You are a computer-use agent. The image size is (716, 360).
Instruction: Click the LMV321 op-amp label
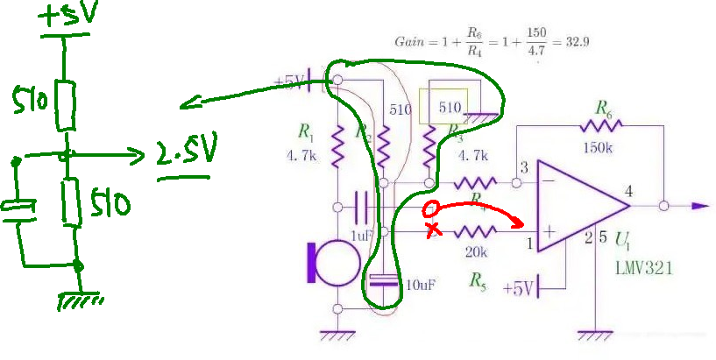[x=643, y=269]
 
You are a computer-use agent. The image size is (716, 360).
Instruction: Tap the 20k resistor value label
[x=476, y=252]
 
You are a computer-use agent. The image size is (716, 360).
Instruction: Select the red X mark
[x=432, y=231]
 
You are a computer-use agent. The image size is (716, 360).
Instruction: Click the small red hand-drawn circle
[x=430, y=209]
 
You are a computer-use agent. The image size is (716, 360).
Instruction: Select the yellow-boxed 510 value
[x=450, y=107]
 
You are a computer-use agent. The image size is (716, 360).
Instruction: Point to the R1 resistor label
[x=305, y=132]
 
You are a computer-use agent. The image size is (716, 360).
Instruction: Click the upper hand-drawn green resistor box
[x=65, y=104]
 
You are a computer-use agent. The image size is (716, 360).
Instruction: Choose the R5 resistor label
[x=478, y=280]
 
